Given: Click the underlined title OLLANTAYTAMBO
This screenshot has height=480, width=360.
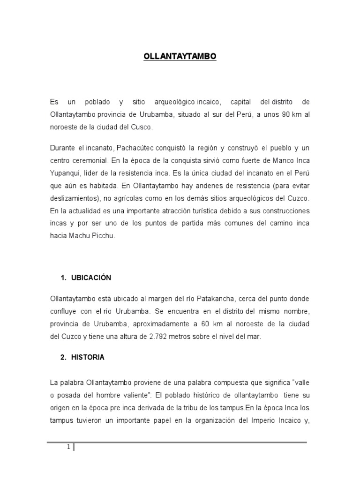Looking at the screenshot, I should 180,56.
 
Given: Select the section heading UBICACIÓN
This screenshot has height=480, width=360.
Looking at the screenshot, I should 91,277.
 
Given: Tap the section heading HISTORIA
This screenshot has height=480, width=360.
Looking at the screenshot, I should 88,357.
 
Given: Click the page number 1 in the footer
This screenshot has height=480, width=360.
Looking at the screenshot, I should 68,447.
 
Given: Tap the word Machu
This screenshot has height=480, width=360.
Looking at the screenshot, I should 77,236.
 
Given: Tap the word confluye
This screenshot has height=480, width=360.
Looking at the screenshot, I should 64,311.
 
